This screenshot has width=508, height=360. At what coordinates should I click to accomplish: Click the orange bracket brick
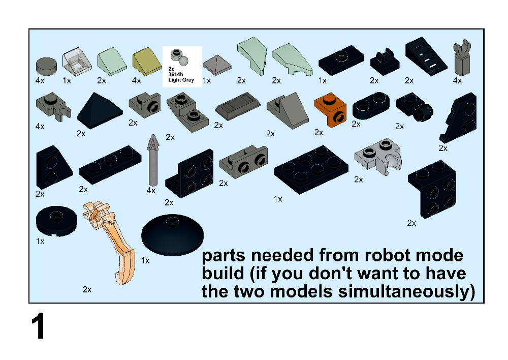330,110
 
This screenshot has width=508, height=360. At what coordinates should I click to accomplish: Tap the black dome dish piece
172,235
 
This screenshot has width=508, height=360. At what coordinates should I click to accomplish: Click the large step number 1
38,326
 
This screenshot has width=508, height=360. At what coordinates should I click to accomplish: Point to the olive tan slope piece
147,62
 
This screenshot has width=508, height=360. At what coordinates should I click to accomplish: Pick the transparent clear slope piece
77,62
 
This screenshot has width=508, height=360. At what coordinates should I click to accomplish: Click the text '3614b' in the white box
176,74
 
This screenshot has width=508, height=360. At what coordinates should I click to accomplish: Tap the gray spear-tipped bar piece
152,160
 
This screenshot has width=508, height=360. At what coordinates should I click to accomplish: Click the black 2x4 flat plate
311,170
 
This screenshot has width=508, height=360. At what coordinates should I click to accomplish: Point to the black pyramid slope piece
100,111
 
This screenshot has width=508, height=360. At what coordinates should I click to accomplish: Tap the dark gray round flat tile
46,66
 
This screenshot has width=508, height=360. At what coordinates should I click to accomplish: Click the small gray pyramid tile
217,65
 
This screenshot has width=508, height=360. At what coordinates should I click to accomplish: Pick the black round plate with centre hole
56,221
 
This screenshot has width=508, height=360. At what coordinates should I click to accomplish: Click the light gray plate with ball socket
378,156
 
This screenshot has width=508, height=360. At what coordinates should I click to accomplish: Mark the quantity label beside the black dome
145,260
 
